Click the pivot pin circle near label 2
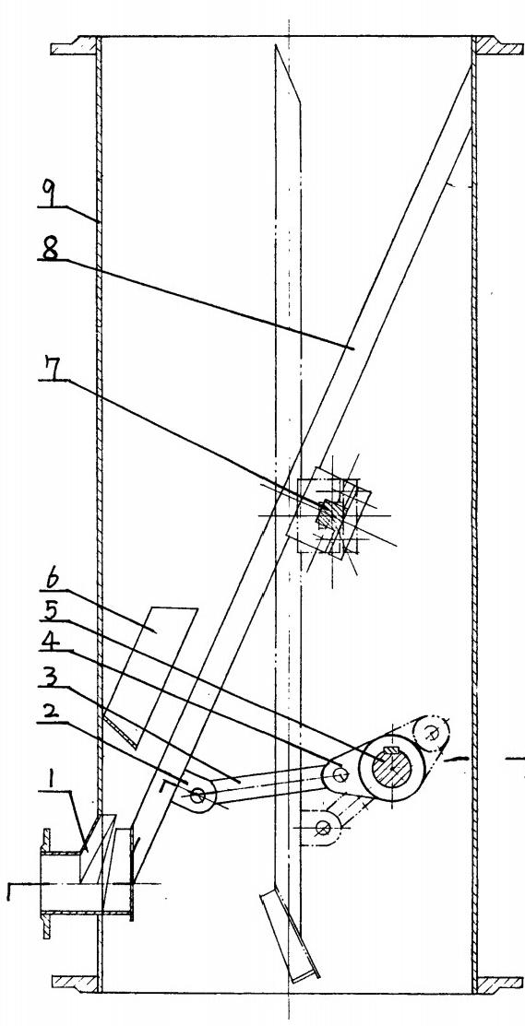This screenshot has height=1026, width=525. tap(197, 796)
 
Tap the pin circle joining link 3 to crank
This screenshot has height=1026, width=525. tap(340, 774)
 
